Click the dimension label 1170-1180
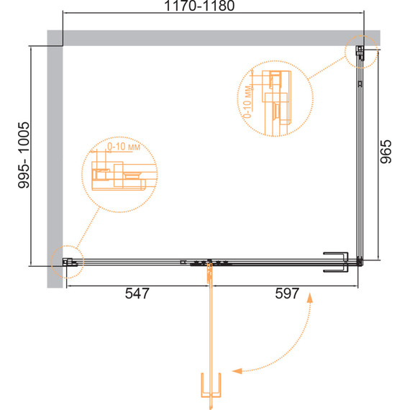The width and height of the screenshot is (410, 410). pyautogui.click(x=199, y=6)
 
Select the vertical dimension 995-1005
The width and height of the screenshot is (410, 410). pyautogui.click(x=24, y=155)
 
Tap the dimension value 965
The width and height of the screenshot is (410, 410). pyautogui.click(x=386, y=152)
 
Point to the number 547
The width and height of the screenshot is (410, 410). pyautogui.click(x=137, y=293)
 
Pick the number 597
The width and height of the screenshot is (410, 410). pyautogui.click(x=287, y=293)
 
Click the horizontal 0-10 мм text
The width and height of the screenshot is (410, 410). pyautogui.click(x=124, y=147)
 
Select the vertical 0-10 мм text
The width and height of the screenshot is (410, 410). pyautogui.click(x=247, y=102)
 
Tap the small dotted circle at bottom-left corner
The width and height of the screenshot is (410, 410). pyautogui.click(x=67, y=262)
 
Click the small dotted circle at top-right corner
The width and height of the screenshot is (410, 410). pyautogui.click(x=361, y=52)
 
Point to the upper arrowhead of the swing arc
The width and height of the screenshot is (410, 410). pyautogui.click(x=310, y=298)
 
